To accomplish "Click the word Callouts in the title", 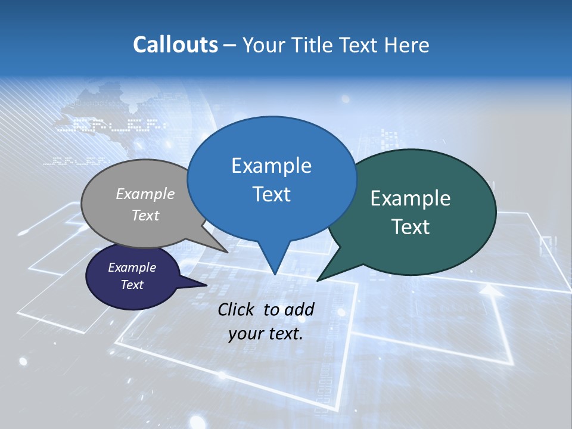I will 175,45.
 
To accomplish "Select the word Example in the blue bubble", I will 271,166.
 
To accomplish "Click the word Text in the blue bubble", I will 271,194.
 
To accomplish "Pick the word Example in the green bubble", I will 411,198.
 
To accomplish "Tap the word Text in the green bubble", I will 411,227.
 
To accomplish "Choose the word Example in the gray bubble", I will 145,194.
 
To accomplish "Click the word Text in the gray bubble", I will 145,215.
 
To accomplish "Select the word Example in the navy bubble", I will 132,268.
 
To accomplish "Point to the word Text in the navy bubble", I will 132,285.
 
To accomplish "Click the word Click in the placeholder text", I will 237,309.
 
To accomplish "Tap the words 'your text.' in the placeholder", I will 266,334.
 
